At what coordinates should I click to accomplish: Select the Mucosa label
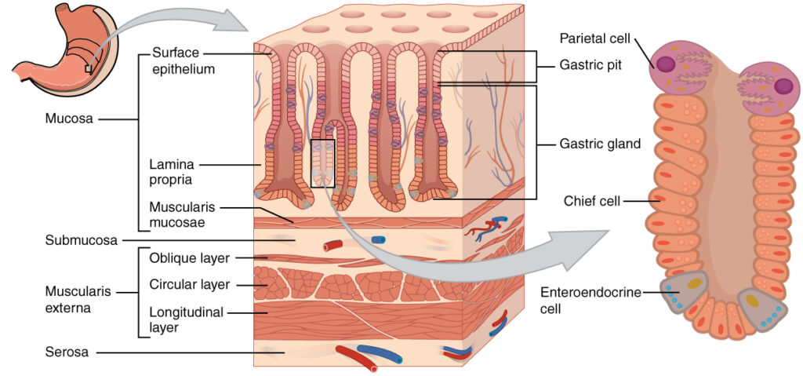click(70, 120)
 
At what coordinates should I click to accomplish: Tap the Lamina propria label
click(173, 171)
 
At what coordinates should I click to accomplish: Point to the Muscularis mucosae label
click(180, 214)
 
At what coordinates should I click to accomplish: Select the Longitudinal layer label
click(186, 319)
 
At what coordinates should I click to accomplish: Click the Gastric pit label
click(590, 65)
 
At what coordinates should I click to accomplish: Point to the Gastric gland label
click(600, 144)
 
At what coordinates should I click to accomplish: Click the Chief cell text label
click(591, 202)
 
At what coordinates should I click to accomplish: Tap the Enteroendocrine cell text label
click(590, 300)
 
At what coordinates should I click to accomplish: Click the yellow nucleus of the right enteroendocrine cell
click(751, 299)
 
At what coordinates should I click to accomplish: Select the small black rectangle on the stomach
click(88, 69)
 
